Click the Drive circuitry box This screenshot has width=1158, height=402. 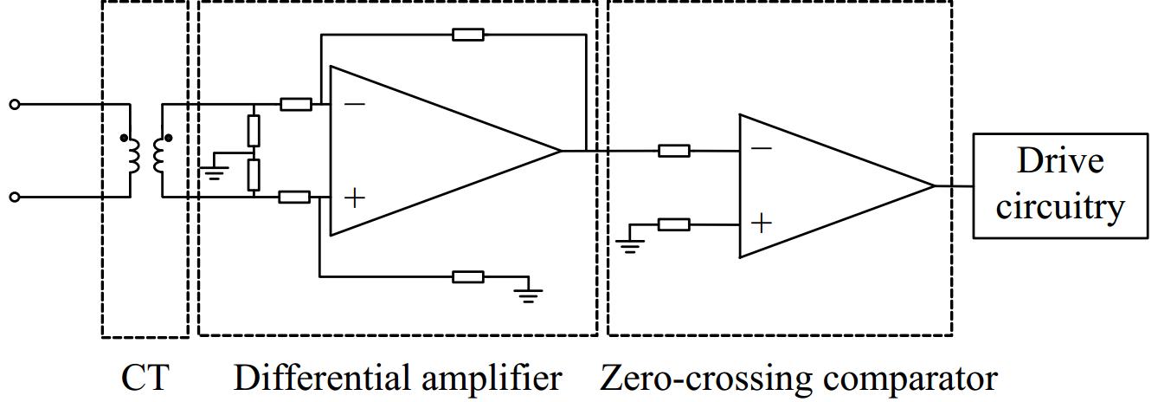coord(1061,185)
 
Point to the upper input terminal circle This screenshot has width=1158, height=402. coord(14,105)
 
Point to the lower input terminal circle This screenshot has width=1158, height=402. coord(14,198)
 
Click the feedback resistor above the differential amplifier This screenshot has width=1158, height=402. coord(468,35)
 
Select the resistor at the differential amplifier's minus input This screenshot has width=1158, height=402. coord(296,105)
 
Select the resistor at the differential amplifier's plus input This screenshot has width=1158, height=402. coord(294,198)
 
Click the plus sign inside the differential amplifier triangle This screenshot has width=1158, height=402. coord(355,198)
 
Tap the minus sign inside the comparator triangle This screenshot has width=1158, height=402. coord(762,149)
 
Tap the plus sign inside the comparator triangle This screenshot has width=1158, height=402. coord(762,224)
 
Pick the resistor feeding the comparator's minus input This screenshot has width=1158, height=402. coord(674,151)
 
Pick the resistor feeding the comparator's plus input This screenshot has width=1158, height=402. coord(674,224)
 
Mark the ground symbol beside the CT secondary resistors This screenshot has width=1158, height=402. coord(213,170)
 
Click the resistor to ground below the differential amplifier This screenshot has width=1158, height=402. coord(468,276)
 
